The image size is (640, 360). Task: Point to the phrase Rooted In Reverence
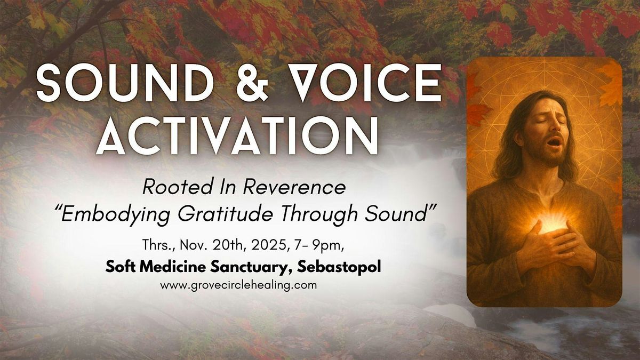(x=244, y=188)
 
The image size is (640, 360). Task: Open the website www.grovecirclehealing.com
(x=238, y=285)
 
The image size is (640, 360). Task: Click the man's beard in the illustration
(x=544, y=160)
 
